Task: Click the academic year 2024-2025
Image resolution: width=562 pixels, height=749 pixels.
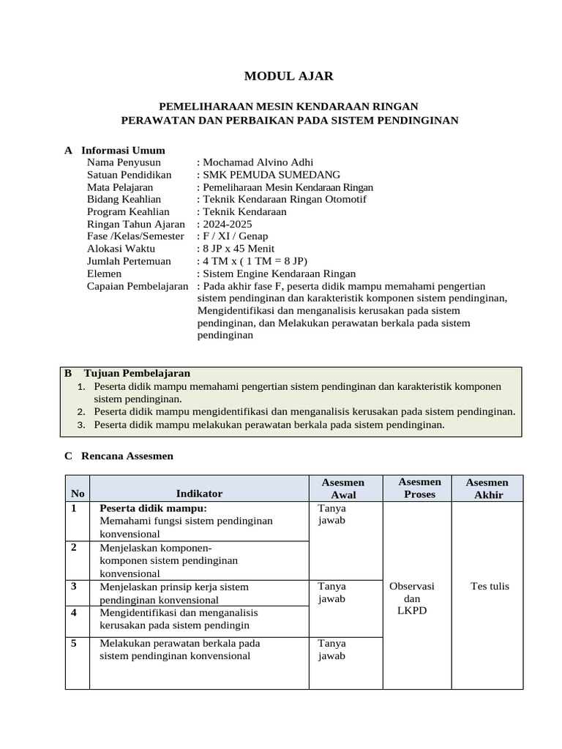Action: (229, 224)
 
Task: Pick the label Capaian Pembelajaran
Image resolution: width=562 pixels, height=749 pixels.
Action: (138, 286)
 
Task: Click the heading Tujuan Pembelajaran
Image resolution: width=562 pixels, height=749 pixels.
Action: (137, 373)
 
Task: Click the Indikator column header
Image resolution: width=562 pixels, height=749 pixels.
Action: (199, 494)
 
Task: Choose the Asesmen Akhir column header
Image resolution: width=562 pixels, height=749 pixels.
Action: (487, 489)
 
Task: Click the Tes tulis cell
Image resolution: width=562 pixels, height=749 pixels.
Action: (490, 586)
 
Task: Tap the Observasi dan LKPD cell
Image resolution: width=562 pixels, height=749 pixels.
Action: (412, 598)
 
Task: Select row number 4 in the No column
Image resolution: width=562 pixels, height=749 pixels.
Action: (73, 611)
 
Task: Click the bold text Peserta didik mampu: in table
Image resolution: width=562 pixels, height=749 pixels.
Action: (153, 508)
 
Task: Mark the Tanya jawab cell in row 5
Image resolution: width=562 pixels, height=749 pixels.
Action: (331, 650)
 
